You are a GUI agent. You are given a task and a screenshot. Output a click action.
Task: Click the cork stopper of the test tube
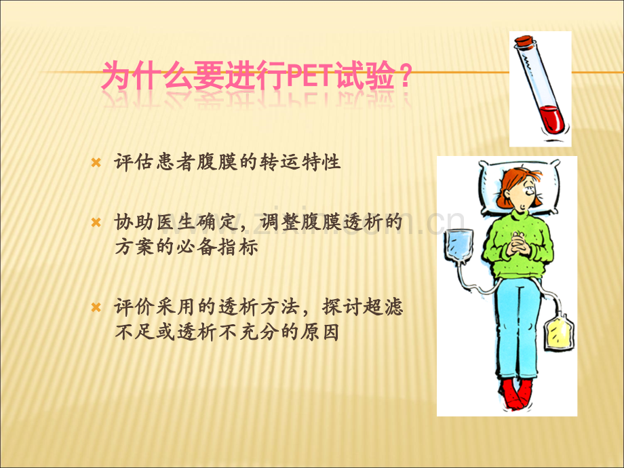pos(524,41)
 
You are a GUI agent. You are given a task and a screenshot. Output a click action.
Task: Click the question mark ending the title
pos(405,75)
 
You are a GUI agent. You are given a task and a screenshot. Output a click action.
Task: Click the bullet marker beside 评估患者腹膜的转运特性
pos(96,162)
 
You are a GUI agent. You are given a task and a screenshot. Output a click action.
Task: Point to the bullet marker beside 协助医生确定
pos(96,222)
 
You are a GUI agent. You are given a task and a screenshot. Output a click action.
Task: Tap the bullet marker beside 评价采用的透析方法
pos(96,307)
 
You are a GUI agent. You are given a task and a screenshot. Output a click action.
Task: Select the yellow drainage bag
pos(558,332)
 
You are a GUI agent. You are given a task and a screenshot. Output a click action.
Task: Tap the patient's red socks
pos(516,394)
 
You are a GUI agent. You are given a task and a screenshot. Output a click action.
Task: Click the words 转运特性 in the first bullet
pos(300,162)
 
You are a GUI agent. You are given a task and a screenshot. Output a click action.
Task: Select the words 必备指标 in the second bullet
pos(217,247)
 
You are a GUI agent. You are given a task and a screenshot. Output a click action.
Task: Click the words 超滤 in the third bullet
pos(383,307)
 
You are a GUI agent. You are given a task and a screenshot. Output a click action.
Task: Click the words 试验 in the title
pos(366,75)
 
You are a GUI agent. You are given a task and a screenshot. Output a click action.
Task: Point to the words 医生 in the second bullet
pos(176,222)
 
